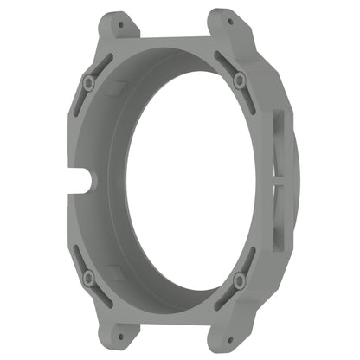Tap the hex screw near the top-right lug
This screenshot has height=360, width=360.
[238, 79]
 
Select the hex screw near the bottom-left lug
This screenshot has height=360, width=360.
[88, 277]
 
